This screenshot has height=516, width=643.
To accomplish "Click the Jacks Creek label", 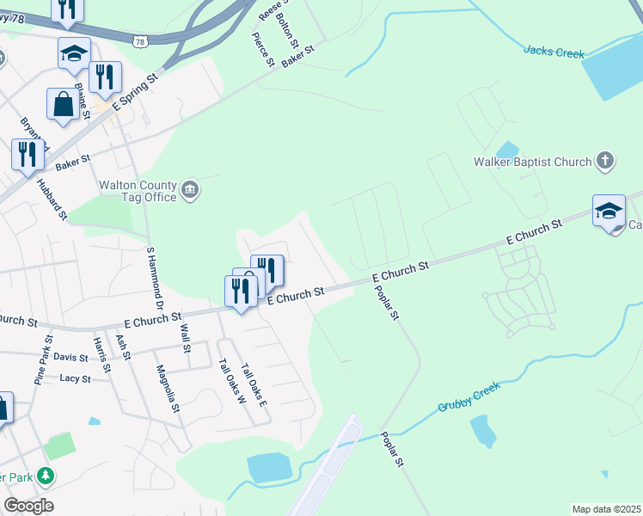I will pyautogui.click(x=554, y=53).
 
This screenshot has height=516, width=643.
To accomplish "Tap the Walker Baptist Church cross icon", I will pyautogui.click(x=605, y=161).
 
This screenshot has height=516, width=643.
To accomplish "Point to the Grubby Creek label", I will pyautogui.click(x=468, y=396).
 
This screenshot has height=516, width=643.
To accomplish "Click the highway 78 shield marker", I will pyautogui.click(x=140, y=40).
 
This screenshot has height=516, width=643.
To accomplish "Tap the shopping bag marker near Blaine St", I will pyautogui.click(x=64, y=106).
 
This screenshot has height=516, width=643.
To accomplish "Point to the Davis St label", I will pyautogui.click(x=70, y=357).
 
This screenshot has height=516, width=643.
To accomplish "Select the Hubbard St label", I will pyautogui.click(x=51, y=200).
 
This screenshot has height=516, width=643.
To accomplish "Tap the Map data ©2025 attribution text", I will pyautogui.click(x=606, y=509).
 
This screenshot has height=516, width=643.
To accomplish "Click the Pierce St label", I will pyautogui.click(x=262, y=50).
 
